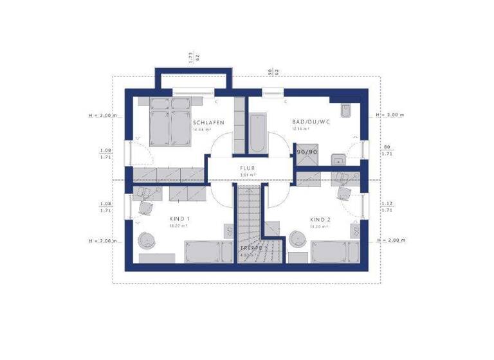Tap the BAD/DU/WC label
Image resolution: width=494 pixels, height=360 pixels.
[x=310, y=122]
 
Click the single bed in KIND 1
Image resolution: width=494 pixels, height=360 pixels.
[x=203, y=251]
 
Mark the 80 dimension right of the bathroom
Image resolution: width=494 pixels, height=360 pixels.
[x=387, y=146]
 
